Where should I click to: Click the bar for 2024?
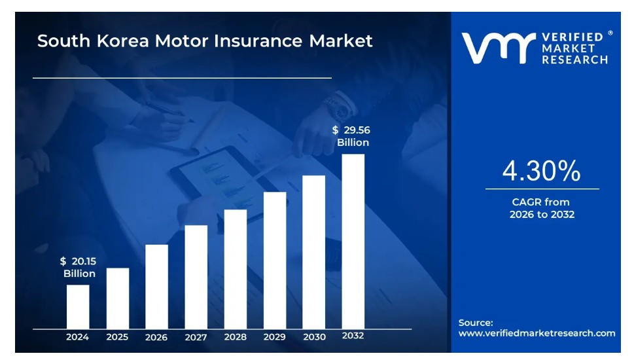78,306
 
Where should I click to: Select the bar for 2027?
196,277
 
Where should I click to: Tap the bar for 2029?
275,261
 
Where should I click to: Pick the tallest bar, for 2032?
353,242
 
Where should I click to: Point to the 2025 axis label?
117,337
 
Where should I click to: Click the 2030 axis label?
315,337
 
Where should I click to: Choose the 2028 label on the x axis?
236,337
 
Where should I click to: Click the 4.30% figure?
541,171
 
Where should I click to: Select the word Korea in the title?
123,41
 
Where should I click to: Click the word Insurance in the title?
258,41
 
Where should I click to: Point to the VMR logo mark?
499,48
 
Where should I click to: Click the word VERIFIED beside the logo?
572,37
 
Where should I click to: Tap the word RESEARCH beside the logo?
574,60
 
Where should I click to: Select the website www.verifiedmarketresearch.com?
537,333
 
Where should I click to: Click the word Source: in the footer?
476,323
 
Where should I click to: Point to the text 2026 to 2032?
542,215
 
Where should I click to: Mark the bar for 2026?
157,287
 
